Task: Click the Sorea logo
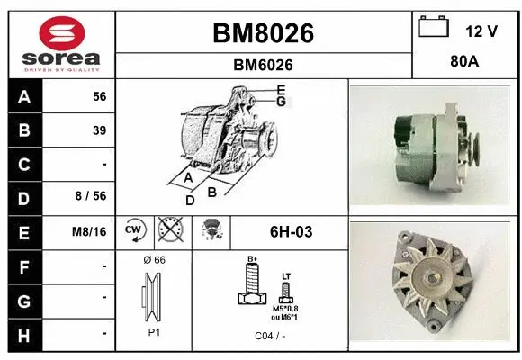tap(61, 43)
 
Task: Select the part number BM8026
tap(263, 33)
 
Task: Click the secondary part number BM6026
tap(263, 65)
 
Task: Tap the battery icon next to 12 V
tap(434, 29)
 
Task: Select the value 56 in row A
tap(99, 96)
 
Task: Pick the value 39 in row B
tap(99, 130)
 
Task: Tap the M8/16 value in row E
tap(90, 232)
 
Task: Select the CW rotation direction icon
tap(134, 231)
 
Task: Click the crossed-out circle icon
tap(169, 231)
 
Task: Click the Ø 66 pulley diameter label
tap(154, 260)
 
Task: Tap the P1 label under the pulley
tap(154, 331)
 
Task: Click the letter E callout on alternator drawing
tap(281, 90)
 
